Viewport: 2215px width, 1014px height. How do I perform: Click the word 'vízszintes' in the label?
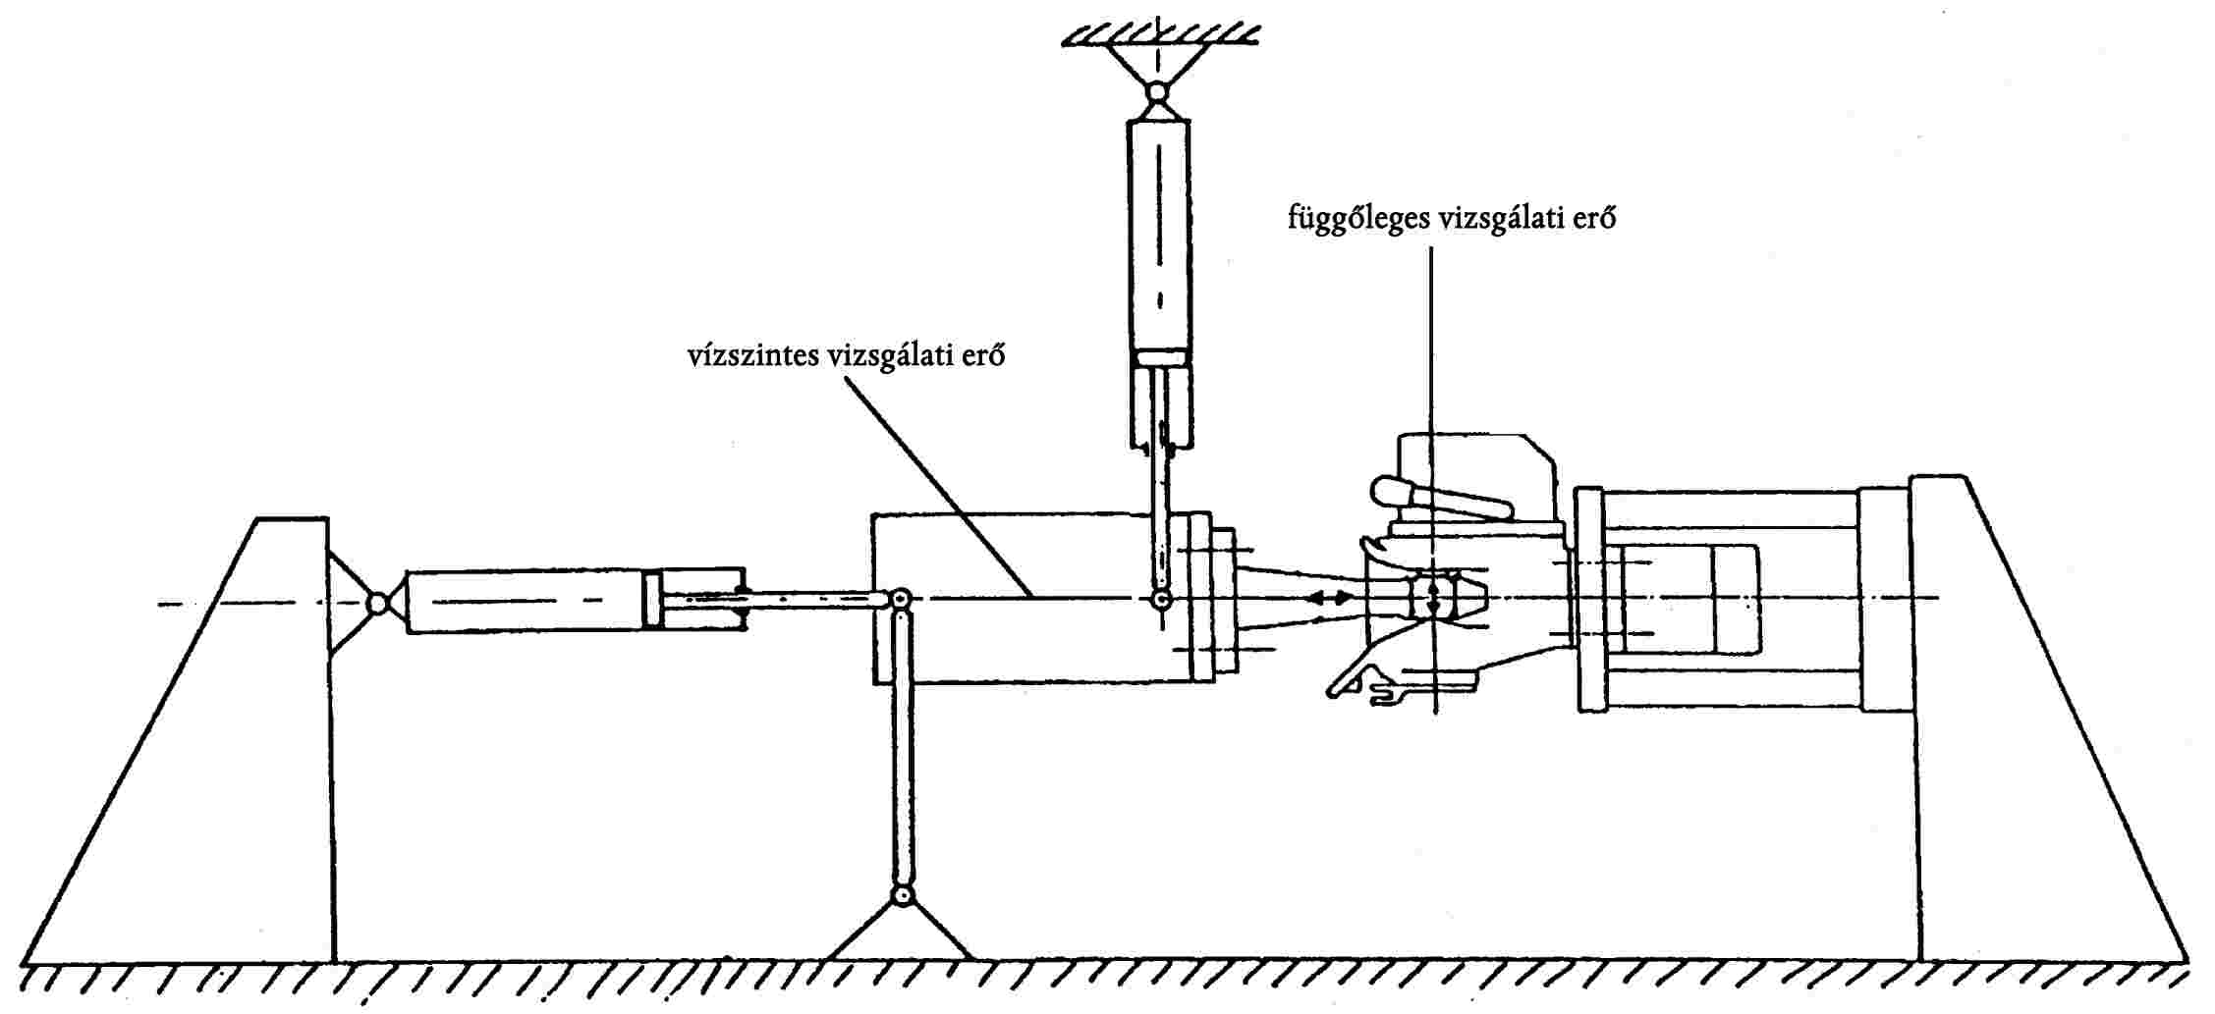(752, 355)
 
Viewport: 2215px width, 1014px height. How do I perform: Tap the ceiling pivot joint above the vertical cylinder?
(1158, 92)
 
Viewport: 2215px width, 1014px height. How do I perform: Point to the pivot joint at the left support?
(377, 602)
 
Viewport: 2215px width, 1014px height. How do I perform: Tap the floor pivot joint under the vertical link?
(900, 895)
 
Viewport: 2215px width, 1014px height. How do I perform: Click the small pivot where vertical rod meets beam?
(1160, 599)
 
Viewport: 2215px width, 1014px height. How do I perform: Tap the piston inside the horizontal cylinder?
(653, 600)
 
